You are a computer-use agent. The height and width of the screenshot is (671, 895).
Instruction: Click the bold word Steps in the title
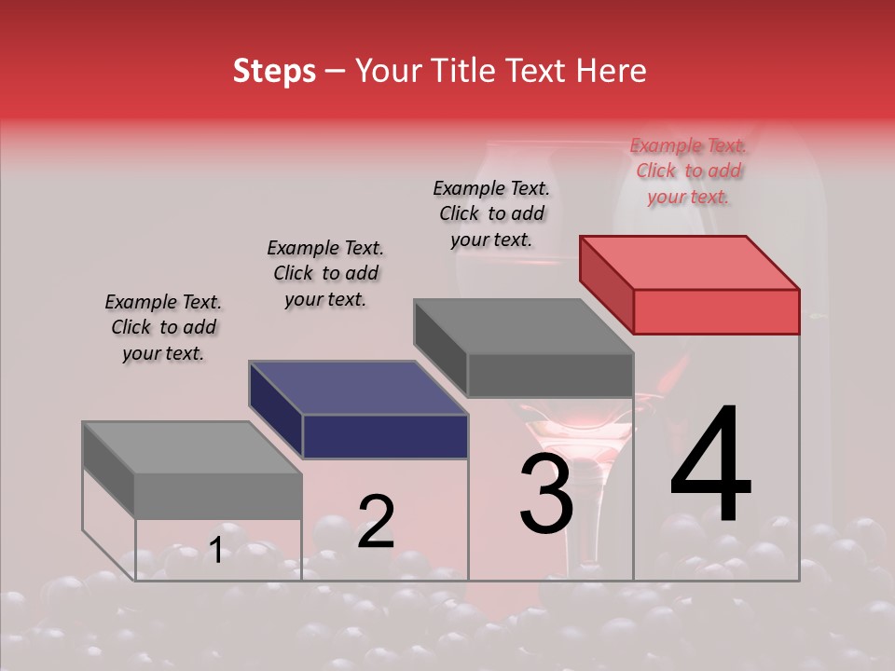point(274,71)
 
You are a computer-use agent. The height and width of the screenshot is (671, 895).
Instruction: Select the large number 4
point(710,466)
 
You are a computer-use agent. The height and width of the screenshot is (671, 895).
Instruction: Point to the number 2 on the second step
point(376,522)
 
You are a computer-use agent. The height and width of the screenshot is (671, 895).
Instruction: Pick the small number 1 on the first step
point(216,551)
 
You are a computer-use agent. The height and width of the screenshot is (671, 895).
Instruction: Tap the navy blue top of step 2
point(358,388)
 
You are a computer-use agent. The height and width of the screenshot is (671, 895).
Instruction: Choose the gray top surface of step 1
point(192,448)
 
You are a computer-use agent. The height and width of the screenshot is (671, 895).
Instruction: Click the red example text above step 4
point(688,171)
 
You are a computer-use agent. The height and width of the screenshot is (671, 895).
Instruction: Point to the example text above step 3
point(491,213)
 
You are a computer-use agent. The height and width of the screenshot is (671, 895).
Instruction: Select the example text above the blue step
point(325,273)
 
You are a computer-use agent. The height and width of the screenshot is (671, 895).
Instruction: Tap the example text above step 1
point(163,327)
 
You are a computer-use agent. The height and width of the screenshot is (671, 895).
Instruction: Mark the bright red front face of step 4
point(716,311)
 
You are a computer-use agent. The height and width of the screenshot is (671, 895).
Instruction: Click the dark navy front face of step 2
point(385,436)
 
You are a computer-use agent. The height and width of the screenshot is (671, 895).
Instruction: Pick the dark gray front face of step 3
point(550,376)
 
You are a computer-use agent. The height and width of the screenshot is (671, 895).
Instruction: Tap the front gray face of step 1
point(218,496)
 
